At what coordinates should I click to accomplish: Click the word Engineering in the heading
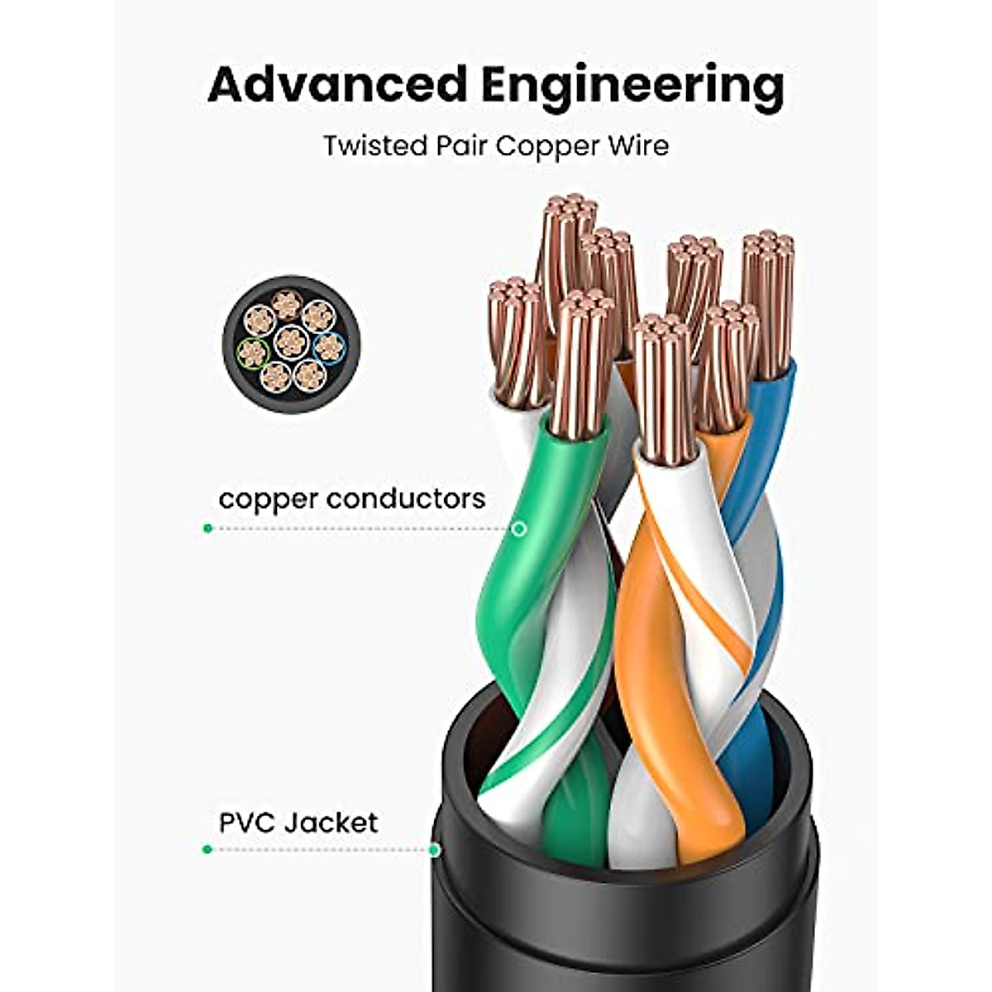632,86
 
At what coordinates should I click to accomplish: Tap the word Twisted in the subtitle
374,145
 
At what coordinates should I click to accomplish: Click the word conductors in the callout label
406,498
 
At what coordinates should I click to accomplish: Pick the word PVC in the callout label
247,823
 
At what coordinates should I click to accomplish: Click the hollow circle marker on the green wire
519,528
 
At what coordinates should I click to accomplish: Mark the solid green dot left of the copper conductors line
207,528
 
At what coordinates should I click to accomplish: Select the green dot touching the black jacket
435,849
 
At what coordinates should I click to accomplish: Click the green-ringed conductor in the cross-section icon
253,354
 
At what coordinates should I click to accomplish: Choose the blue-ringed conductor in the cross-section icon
329,347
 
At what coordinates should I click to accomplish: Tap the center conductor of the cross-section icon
291,341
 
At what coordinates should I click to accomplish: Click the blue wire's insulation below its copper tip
761,446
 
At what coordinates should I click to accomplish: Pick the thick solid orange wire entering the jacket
653,661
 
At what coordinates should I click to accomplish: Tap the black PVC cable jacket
628,918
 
